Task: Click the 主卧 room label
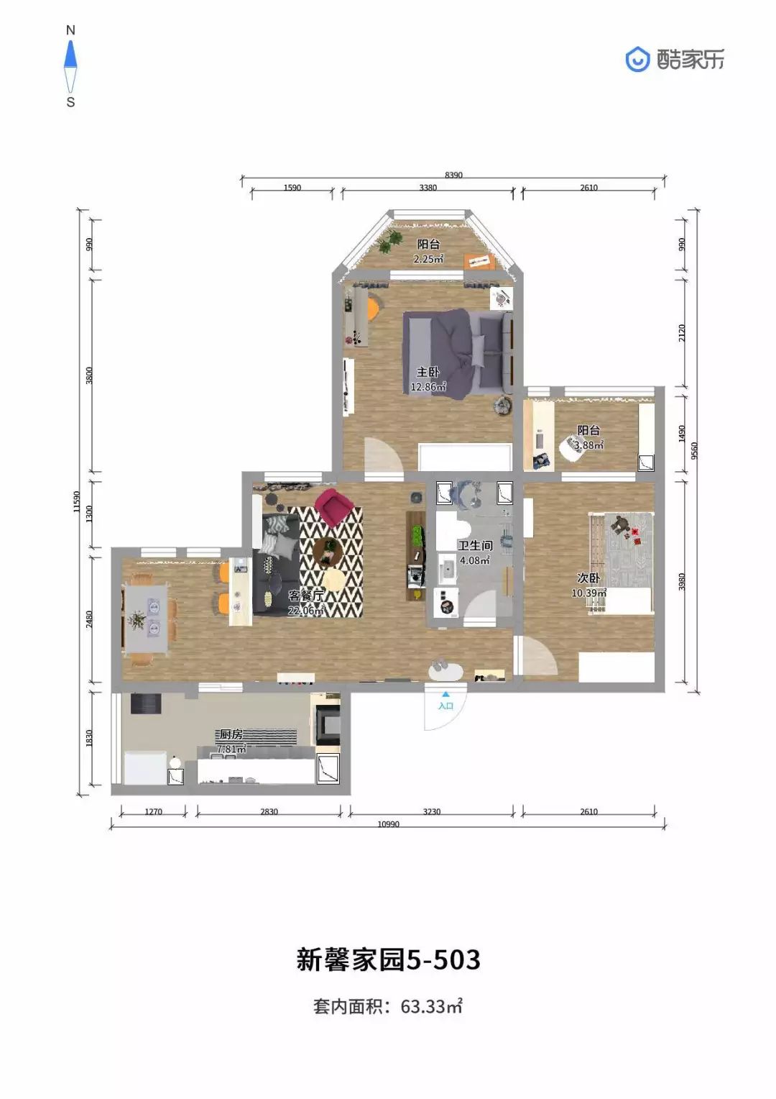coord(428,372)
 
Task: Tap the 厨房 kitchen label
coord(231,734)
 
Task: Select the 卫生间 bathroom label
coord(475,545)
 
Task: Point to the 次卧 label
coord(588,578)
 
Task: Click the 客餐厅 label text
coord(306,596)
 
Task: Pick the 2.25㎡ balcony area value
coord(428,258)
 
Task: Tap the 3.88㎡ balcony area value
coord(588,445)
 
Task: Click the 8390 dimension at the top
coord(453,175)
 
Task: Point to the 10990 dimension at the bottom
coord(388,824)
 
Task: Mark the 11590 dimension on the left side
coord(76,501)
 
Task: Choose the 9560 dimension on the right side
coord(693,450)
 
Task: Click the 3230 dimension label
coord(431,811)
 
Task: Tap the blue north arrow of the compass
coord(70,54)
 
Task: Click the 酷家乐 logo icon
coord(637,60)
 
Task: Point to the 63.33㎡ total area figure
coord(431,1007)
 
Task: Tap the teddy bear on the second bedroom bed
coord(621,526)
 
